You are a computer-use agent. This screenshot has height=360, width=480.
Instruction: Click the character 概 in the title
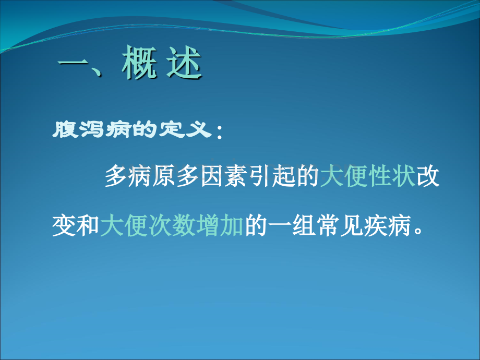click(x=139, y=63)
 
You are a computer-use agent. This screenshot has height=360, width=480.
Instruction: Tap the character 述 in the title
click(x=184, y=63)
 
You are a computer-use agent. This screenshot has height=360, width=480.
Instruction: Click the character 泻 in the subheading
click(x=91, y=129)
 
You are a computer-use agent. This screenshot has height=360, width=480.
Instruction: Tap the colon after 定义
click(x=219, y=131)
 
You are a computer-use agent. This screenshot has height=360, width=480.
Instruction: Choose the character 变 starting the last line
click(x=64, y=225)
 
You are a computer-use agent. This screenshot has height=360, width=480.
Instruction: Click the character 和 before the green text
click(x=88, y=225)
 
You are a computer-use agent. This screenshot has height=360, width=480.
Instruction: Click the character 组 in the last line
click(x=304, y=225)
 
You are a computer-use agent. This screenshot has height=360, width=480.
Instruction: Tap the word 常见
click(x=340, y=225)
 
